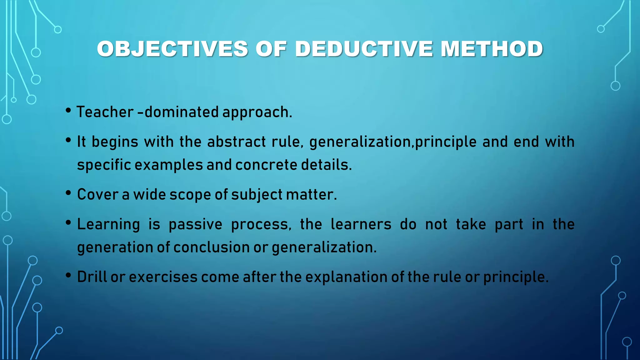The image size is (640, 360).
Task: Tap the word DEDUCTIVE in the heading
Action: click(x=364, y=49)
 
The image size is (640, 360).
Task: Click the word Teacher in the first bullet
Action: click(x=105, y=112)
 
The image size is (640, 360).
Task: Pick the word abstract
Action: click(x=236, y=142)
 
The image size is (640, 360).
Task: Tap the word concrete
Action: click(x=266, y=165)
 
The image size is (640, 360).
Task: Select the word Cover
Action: click(x=97, y=194)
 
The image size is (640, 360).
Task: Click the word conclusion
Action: click(x=211, y=247)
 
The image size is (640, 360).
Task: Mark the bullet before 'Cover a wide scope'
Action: click(x=68, y=193)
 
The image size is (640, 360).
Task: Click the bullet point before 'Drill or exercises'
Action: click(x=68, y=276)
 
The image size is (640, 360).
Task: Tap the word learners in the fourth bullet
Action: click(x=361, y=224)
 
